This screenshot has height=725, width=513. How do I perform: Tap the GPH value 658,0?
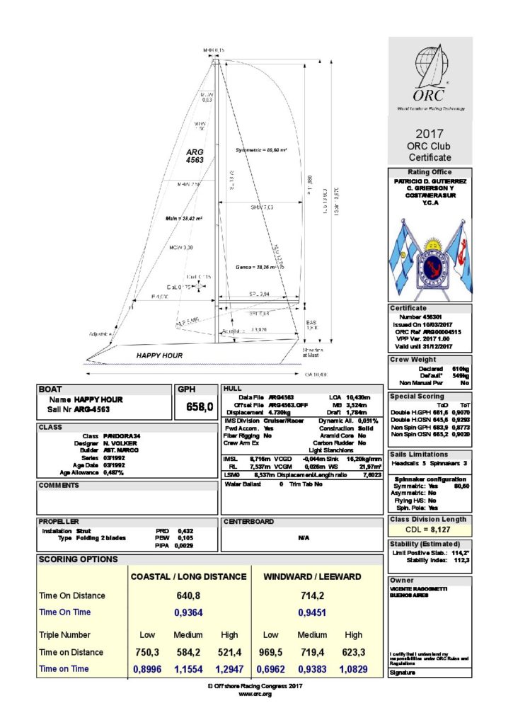pos(199,406)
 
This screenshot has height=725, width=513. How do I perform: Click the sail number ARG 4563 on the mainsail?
pos(195,156)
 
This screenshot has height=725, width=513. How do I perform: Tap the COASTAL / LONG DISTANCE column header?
pos(188,577)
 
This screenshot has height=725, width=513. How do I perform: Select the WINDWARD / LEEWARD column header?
pos(312,577)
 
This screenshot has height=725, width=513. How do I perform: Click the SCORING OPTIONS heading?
pos(79,559)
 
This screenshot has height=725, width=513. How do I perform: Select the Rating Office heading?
pos(430,172)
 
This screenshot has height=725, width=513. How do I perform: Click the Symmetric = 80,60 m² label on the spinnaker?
pos(261,151)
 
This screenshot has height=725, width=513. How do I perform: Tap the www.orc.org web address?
pos(255,695)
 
